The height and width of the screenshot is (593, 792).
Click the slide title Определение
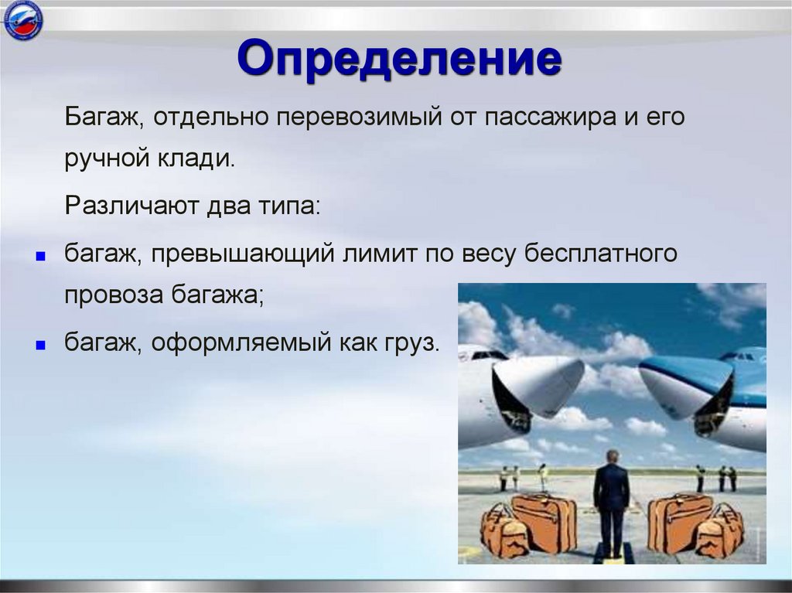point(400,60)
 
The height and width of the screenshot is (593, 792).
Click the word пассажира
point(551,118)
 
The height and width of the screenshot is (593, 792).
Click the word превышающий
point(243,253)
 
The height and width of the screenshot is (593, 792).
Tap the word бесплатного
point(600,253)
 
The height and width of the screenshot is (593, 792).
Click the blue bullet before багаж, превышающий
point(41,257)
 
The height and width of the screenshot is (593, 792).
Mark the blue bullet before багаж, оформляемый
point(41,346)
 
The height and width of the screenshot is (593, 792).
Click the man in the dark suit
point(611,503)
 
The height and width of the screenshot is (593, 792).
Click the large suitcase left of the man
point(545,523)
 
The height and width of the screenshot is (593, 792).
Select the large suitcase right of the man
point(679,523)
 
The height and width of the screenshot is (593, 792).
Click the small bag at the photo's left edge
point(500,531)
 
